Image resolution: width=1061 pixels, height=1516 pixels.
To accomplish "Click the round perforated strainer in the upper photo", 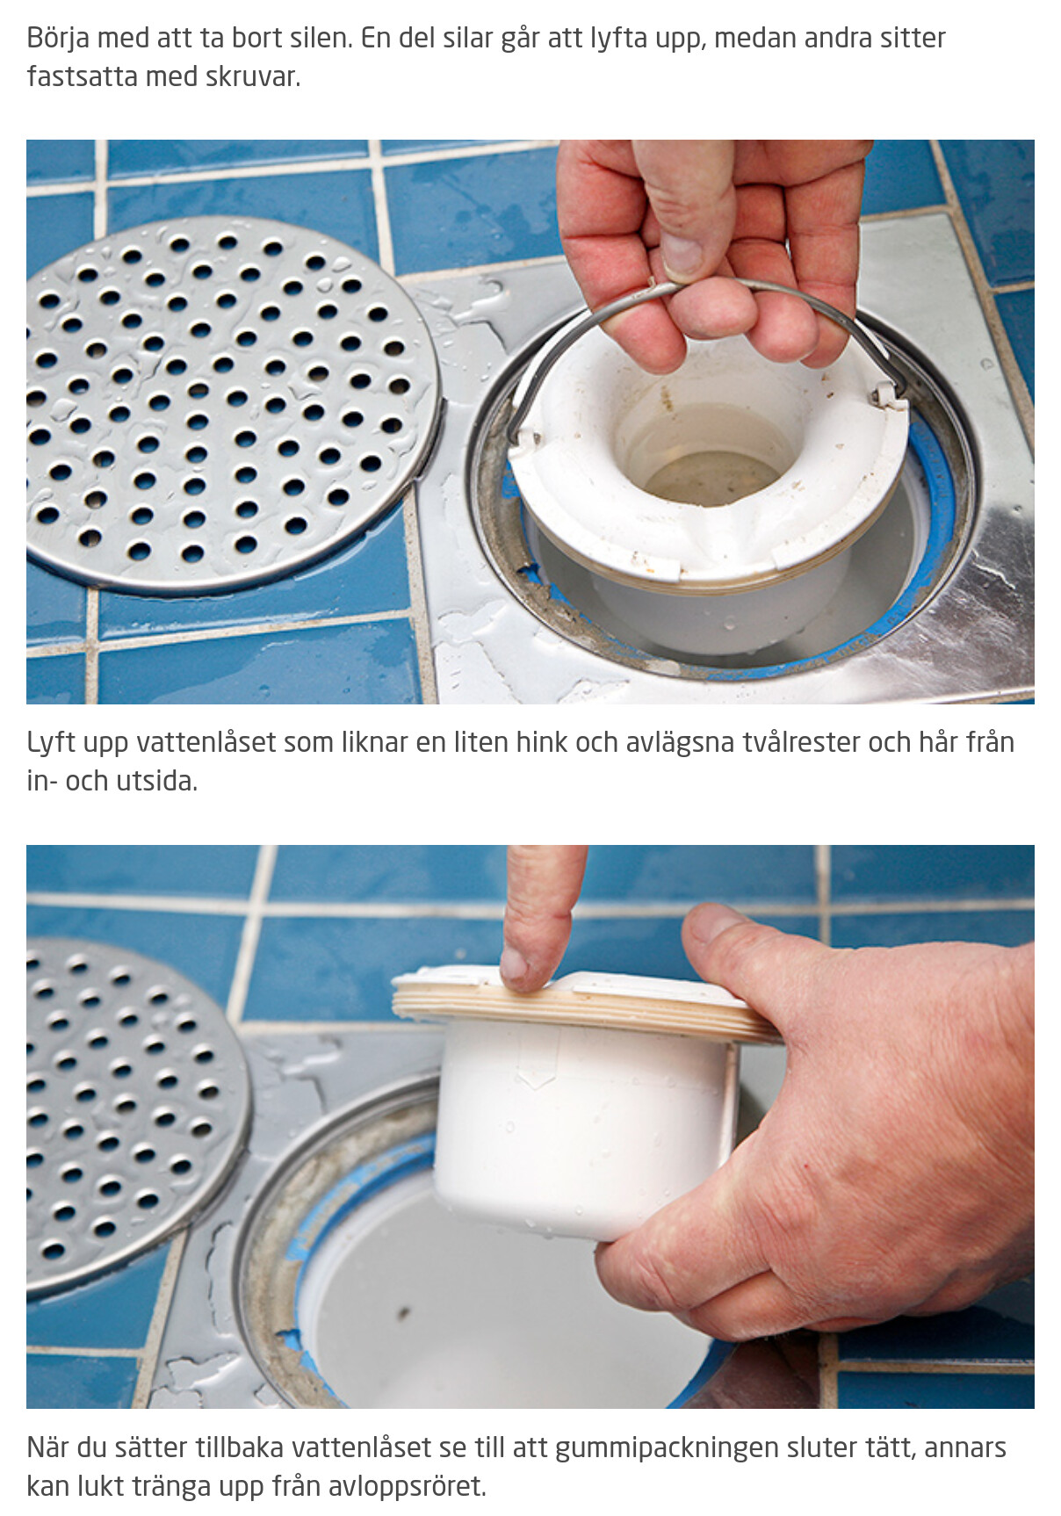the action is (x=230, y=404).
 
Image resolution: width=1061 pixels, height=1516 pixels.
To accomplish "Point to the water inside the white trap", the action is (x=711, y=479).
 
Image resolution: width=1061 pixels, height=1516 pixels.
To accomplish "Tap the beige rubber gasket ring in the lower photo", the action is (x=584, y=1010).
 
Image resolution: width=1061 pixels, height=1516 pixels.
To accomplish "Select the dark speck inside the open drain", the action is (x=403, y=1314).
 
